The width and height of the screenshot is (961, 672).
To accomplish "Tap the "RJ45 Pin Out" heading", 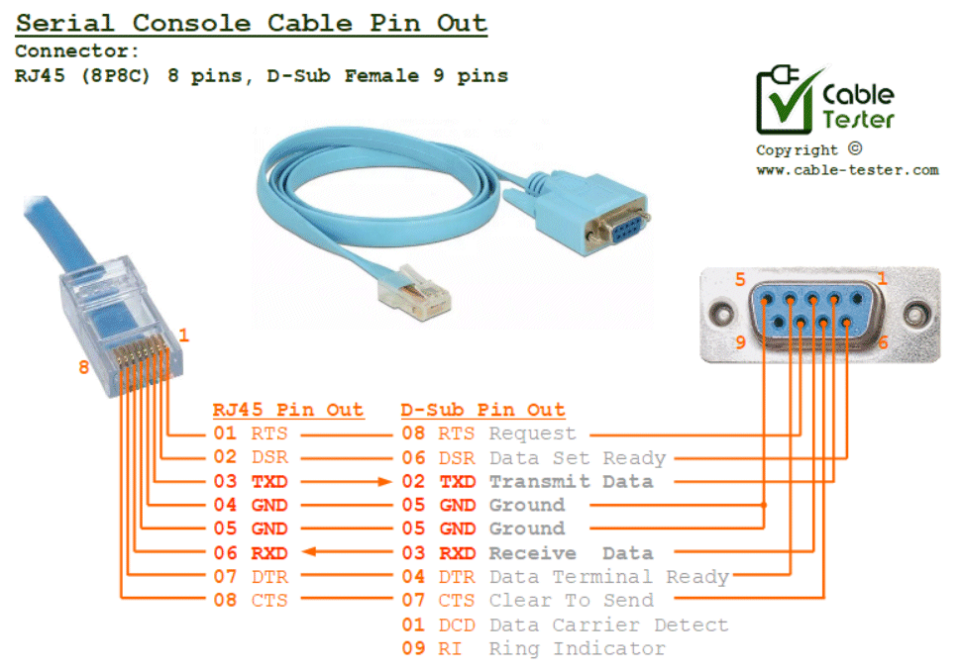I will point(287,410).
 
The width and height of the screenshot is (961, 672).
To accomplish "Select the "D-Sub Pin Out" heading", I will point(482,410).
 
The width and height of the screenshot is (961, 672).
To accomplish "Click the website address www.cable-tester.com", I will point(847,170).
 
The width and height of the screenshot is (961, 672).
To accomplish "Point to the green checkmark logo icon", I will point(788,100).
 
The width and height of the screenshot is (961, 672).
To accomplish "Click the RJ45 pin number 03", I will point(225,481).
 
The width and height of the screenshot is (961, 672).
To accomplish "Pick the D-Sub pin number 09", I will point(412,648).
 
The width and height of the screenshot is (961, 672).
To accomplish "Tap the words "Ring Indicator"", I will point(577,648).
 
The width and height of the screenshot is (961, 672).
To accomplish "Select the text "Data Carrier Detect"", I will point(608,624).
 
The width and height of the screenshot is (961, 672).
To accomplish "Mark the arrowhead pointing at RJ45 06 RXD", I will point(309,553).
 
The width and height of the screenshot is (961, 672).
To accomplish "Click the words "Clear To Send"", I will point(571,601).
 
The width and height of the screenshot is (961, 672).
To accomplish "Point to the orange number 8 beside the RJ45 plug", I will point(83,368).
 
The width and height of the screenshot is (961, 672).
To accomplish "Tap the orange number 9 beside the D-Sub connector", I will point(739,343).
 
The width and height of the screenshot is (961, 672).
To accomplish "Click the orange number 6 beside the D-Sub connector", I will point(883,342).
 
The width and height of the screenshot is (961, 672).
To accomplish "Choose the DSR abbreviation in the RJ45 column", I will point(269,457).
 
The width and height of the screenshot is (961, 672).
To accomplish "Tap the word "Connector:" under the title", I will point(77,51).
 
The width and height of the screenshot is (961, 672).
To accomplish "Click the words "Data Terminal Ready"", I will point(608,577).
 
